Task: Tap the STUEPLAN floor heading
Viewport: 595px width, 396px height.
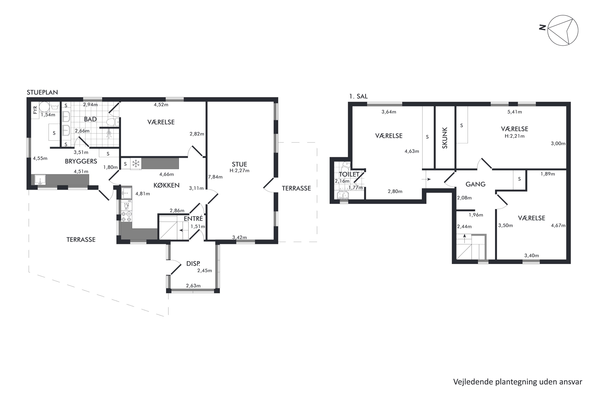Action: pos(42,92)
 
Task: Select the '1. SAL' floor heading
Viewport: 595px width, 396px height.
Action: pos(358,96)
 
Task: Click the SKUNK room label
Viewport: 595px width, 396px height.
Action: pos(445,138)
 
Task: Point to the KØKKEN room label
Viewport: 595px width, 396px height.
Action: pos(166,185)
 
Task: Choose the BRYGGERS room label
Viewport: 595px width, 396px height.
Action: pos(81,161)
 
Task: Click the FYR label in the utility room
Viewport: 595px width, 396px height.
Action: pos(35,110)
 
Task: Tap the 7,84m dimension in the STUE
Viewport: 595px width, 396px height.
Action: pos(215,177)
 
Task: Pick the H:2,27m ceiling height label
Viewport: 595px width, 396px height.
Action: pos(239,171)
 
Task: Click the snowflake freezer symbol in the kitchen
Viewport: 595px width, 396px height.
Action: pos(136,164)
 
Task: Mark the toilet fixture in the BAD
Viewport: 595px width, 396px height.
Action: pos(113,122)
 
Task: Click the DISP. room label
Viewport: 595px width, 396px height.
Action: pos(193,264)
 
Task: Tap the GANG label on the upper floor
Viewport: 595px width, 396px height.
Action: pos(475,184)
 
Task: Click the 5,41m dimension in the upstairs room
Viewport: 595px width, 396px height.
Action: pos(514,112)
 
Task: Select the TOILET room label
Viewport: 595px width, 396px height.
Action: pos(349,174)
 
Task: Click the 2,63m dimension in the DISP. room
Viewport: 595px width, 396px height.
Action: pos(193,286)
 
